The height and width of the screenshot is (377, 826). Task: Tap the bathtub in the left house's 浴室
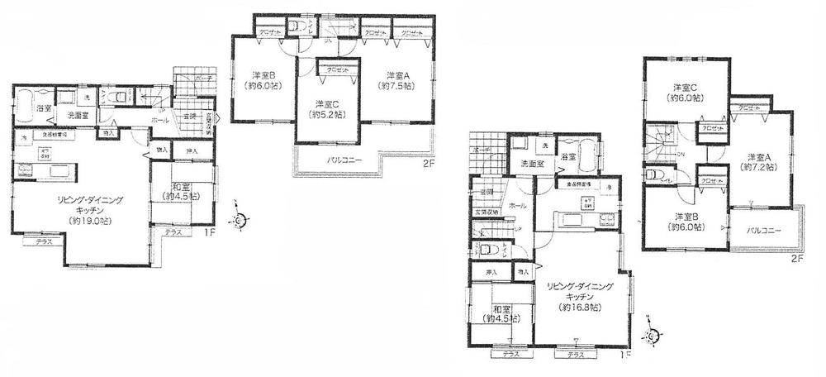(23, 102)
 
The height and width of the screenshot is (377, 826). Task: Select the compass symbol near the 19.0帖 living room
(238, 221)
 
